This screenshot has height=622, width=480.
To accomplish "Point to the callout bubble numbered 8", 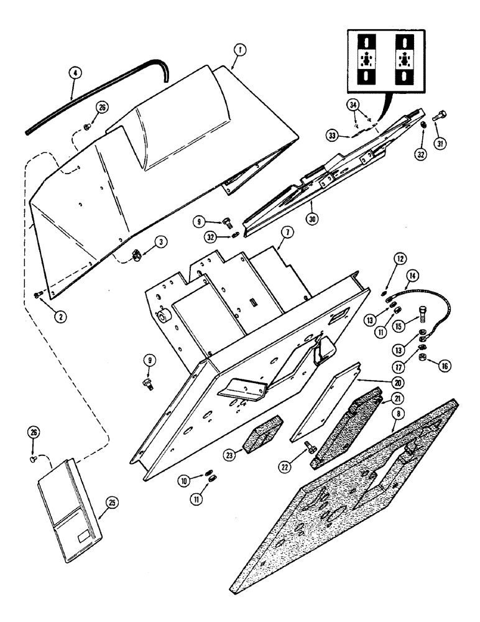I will pos(394,427).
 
